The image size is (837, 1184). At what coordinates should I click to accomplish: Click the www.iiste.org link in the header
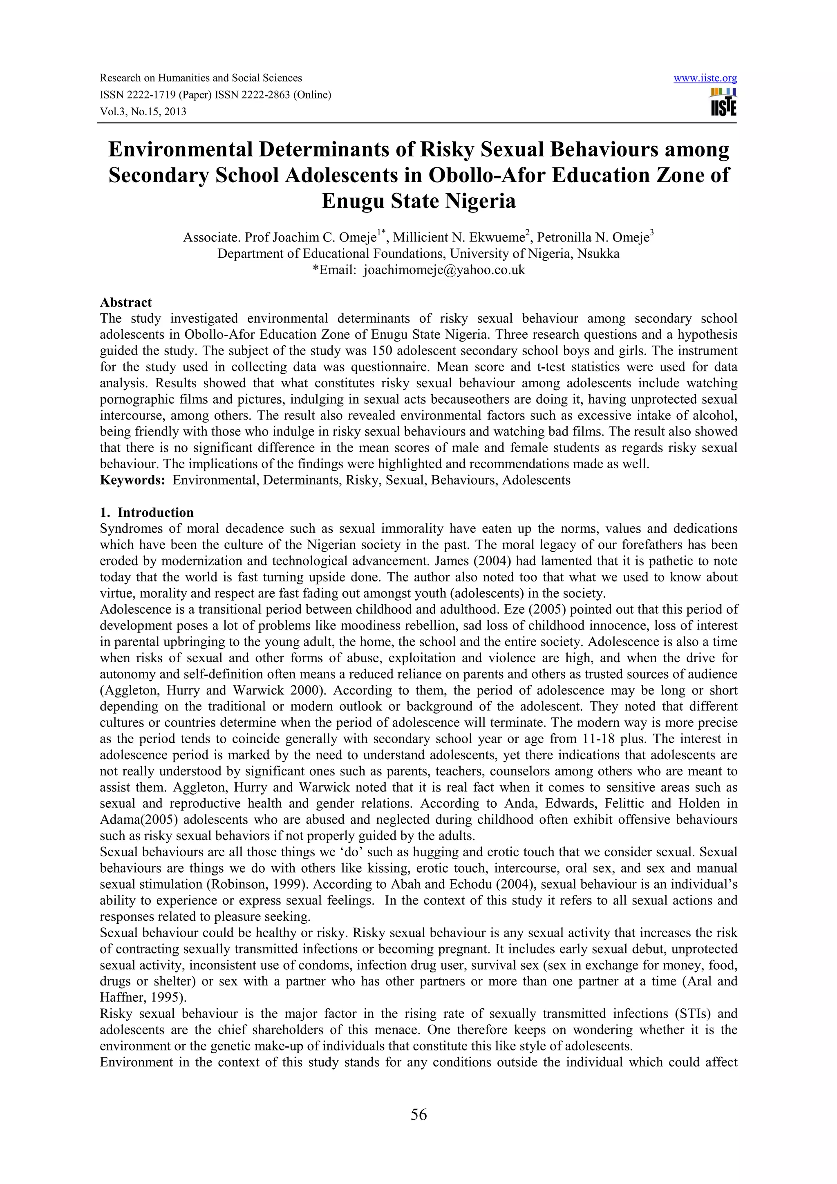point(705,78)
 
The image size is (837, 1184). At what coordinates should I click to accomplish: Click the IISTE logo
point(723,102)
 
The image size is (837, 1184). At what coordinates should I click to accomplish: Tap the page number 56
point(418,1115)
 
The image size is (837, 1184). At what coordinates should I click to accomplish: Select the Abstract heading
point(126,302)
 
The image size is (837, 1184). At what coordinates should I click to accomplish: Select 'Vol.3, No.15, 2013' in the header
point(143,112)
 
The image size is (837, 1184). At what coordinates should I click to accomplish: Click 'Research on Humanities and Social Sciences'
point(201,78)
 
